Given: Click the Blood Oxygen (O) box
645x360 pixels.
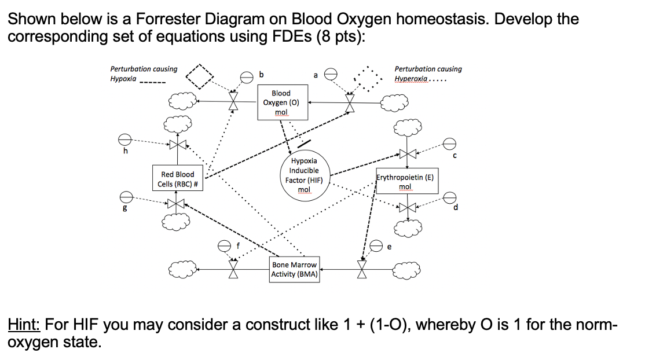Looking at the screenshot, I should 281,102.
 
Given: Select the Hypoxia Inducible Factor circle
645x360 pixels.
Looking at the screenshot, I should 304,175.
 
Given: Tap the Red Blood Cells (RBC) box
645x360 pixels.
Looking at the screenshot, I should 177,179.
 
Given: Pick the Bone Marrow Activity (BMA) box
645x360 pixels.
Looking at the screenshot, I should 295,270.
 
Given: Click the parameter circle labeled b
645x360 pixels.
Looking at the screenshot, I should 246,75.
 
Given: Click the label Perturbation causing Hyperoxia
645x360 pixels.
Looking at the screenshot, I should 428,74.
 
